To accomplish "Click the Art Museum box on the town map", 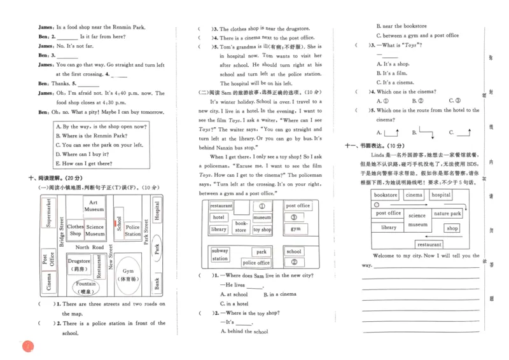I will [x=94, y=206].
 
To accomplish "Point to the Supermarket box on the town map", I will [x=48, y=212].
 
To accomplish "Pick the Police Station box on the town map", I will [x=132, y=230].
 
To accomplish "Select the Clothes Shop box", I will [x=75, y=230].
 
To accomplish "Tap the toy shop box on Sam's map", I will [x=262, y=230].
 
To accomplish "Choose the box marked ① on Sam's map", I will [x=261, y=206].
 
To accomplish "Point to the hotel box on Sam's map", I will [x=218, y=218].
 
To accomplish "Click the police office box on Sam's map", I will [x=256, y=263].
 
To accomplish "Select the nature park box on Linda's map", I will [x=447, y=214].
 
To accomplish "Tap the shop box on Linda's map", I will [x=452, y=228].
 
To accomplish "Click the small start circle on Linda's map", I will [x=380, y=205].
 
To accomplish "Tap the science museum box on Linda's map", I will [x=417, y=220].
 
